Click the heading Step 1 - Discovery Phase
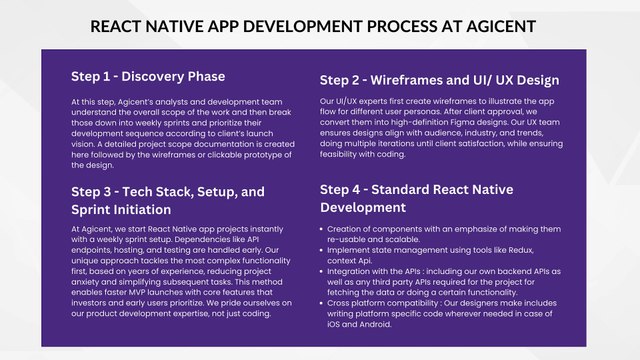pyautogui.click(x=147, y=76)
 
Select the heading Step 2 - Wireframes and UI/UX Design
pyautogui.click(x=439, y=80)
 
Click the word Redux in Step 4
pyautogui.click(x=541, y=241)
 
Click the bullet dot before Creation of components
pyautogui.click(x=323, y=230)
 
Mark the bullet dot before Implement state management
pyautogui.click(x=323, y=241)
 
